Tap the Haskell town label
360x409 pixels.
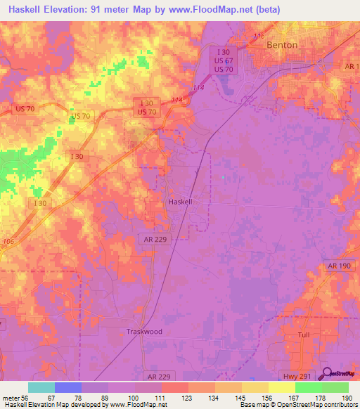point(181,201)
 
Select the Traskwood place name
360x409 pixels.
point(144,331)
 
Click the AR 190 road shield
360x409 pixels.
point(338,266)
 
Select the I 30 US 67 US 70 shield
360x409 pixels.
point(224,60)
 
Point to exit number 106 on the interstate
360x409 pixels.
point(8,242)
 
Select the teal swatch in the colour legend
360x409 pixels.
point(41,387)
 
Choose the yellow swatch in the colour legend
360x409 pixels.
point(282,387)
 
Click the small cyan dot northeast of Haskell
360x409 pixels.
point(223,177)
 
